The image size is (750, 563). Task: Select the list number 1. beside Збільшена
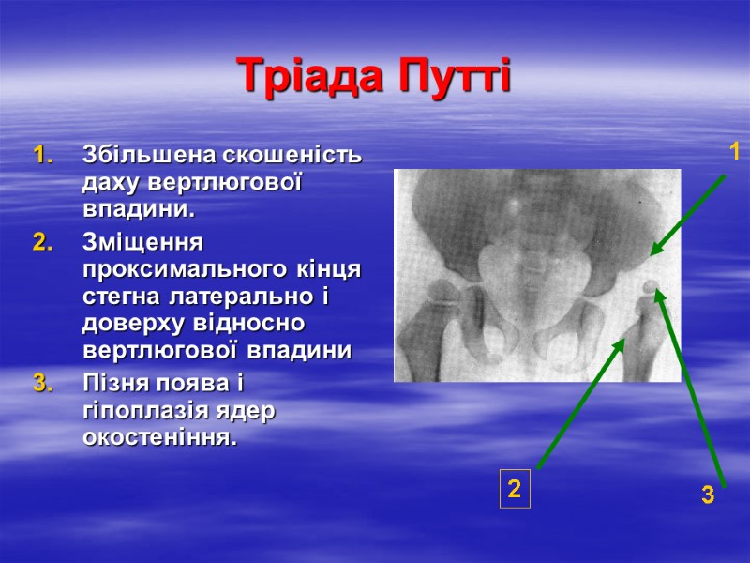point(43,154)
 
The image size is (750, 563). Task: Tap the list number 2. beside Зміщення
point(43,243)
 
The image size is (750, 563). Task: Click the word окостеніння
point(154,438)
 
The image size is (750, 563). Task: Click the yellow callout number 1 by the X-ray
point(735,152)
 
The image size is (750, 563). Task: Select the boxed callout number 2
point(514,489)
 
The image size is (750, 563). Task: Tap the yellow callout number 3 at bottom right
point(708,495)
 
